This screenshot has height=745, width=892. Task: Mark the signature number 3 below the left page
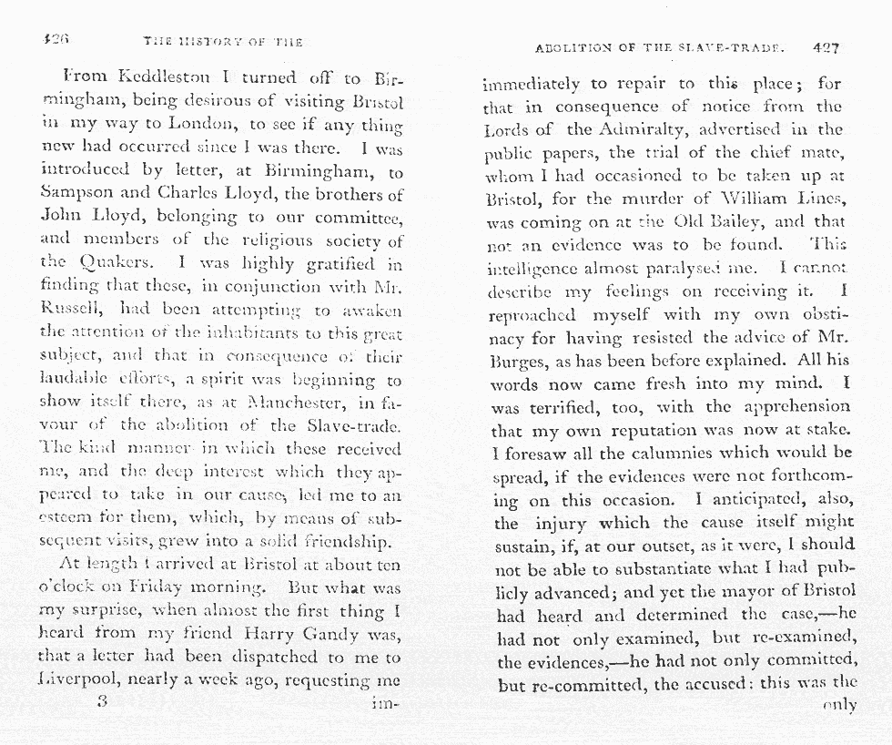click(x=102, y=702)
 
